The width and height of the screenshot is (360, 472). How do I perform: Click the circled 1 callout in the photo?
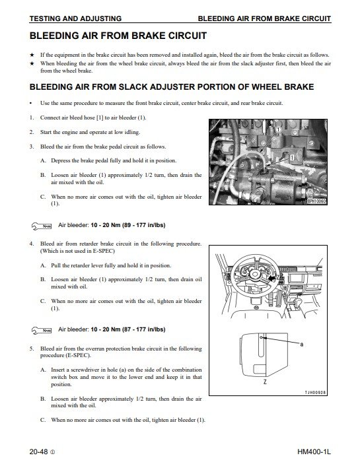pyautogui.click(x=278, y=130)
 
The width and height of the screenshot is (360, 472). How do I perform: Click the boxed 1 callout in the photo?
pyautogui.click(x=291, y=158)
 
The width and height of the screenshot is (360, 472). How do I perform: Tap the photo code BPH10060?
pyautogui.click(x=316, y=201)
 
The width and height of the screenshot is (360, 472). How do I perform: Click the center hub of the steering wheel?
pyautogui.click(x=255, y=274)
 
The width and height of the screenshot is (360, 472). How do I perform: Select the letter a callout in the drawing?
pyautogui.click(x=302, y=344)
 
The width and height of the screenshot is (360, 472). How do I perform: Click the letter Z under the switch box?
pyautogui.click(x=265, y=382)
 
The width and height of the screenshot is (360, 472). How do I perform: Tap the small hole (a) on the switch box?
pyautogui.click(x=262, y=337)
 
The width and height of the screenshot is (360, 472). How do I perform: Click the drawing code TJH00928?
pyautogui.click(x=315, y=393)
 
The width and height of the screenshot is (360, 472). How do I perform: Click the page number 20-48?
pyautogui.click(x=38, y=452)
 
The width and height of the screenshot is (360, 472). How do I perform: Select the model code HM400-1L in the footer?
pyautogui.click(x=314, y=452)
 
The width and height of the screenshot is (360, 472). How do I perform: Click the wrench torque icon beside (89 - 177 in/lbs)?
pyautogui.click(x=42, y=226)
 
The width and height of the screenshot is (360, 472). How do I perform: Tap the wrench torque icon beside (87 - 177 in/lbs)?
pyautogui.click(x=42, y=331)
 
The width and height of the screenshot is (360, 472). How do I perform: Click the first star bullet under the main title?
pyautogui.click(x=32, y=55)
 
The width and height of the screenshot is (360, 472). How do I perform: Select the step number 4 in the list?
pyautogui.click(x=32, y=244)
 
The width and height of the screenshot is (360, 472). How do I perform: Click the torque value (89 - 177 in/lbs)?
pyautogui.click(x=144, y=225)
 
